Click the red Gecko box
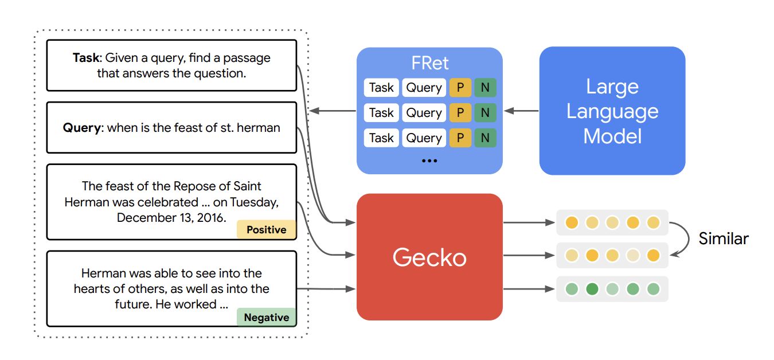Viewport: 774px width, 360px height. click(x=429, y=257)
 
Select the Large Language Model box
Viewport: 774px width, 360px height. click(x=612, y=111)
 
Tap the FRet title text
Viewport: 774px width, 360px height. click(x=429, y=63)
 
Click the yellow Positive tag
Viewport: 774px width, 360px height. click(x=266, y=229)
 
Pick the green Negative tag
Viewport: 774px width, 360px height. click(x=266, y=317)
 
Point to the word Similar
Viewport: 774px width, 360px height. click(x=723, y=238)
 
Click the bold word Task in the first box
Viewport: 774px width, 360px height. click(x=87, y=58)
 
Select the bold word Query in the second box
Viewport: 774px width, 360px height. click(x=82, y=128)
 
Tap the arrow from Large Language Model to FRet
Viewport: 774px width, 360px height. click(x=521, y=111)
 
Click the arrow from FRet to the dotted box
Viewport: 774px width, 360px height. click(x=332, y=111)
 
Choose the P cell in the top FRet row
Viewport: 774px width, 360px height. click(x=460, y=88)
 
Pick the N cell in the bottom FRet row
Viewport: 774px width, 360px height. click(x=485, y=138)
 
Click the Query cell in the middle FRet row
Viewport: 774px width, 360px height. click(x=424, y=113)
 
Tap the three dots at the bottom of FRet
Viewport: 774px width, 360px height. click(x=429, y=161)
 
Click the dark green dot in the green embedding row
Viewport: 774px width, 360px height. click(x=592, y=289)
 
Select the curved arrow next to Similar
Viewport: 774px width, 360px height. click(x=680, y=238)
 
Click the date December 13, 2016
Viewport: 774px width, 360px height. click(x=171, y=218)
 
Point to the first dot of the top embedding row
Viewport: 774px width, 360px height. click(x=571, y=222)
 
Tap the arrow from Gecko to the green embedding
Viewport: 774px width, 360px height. click(x=529, y=289)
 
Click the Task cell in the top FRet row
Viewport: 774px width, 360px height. click(x=381, y=88)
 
